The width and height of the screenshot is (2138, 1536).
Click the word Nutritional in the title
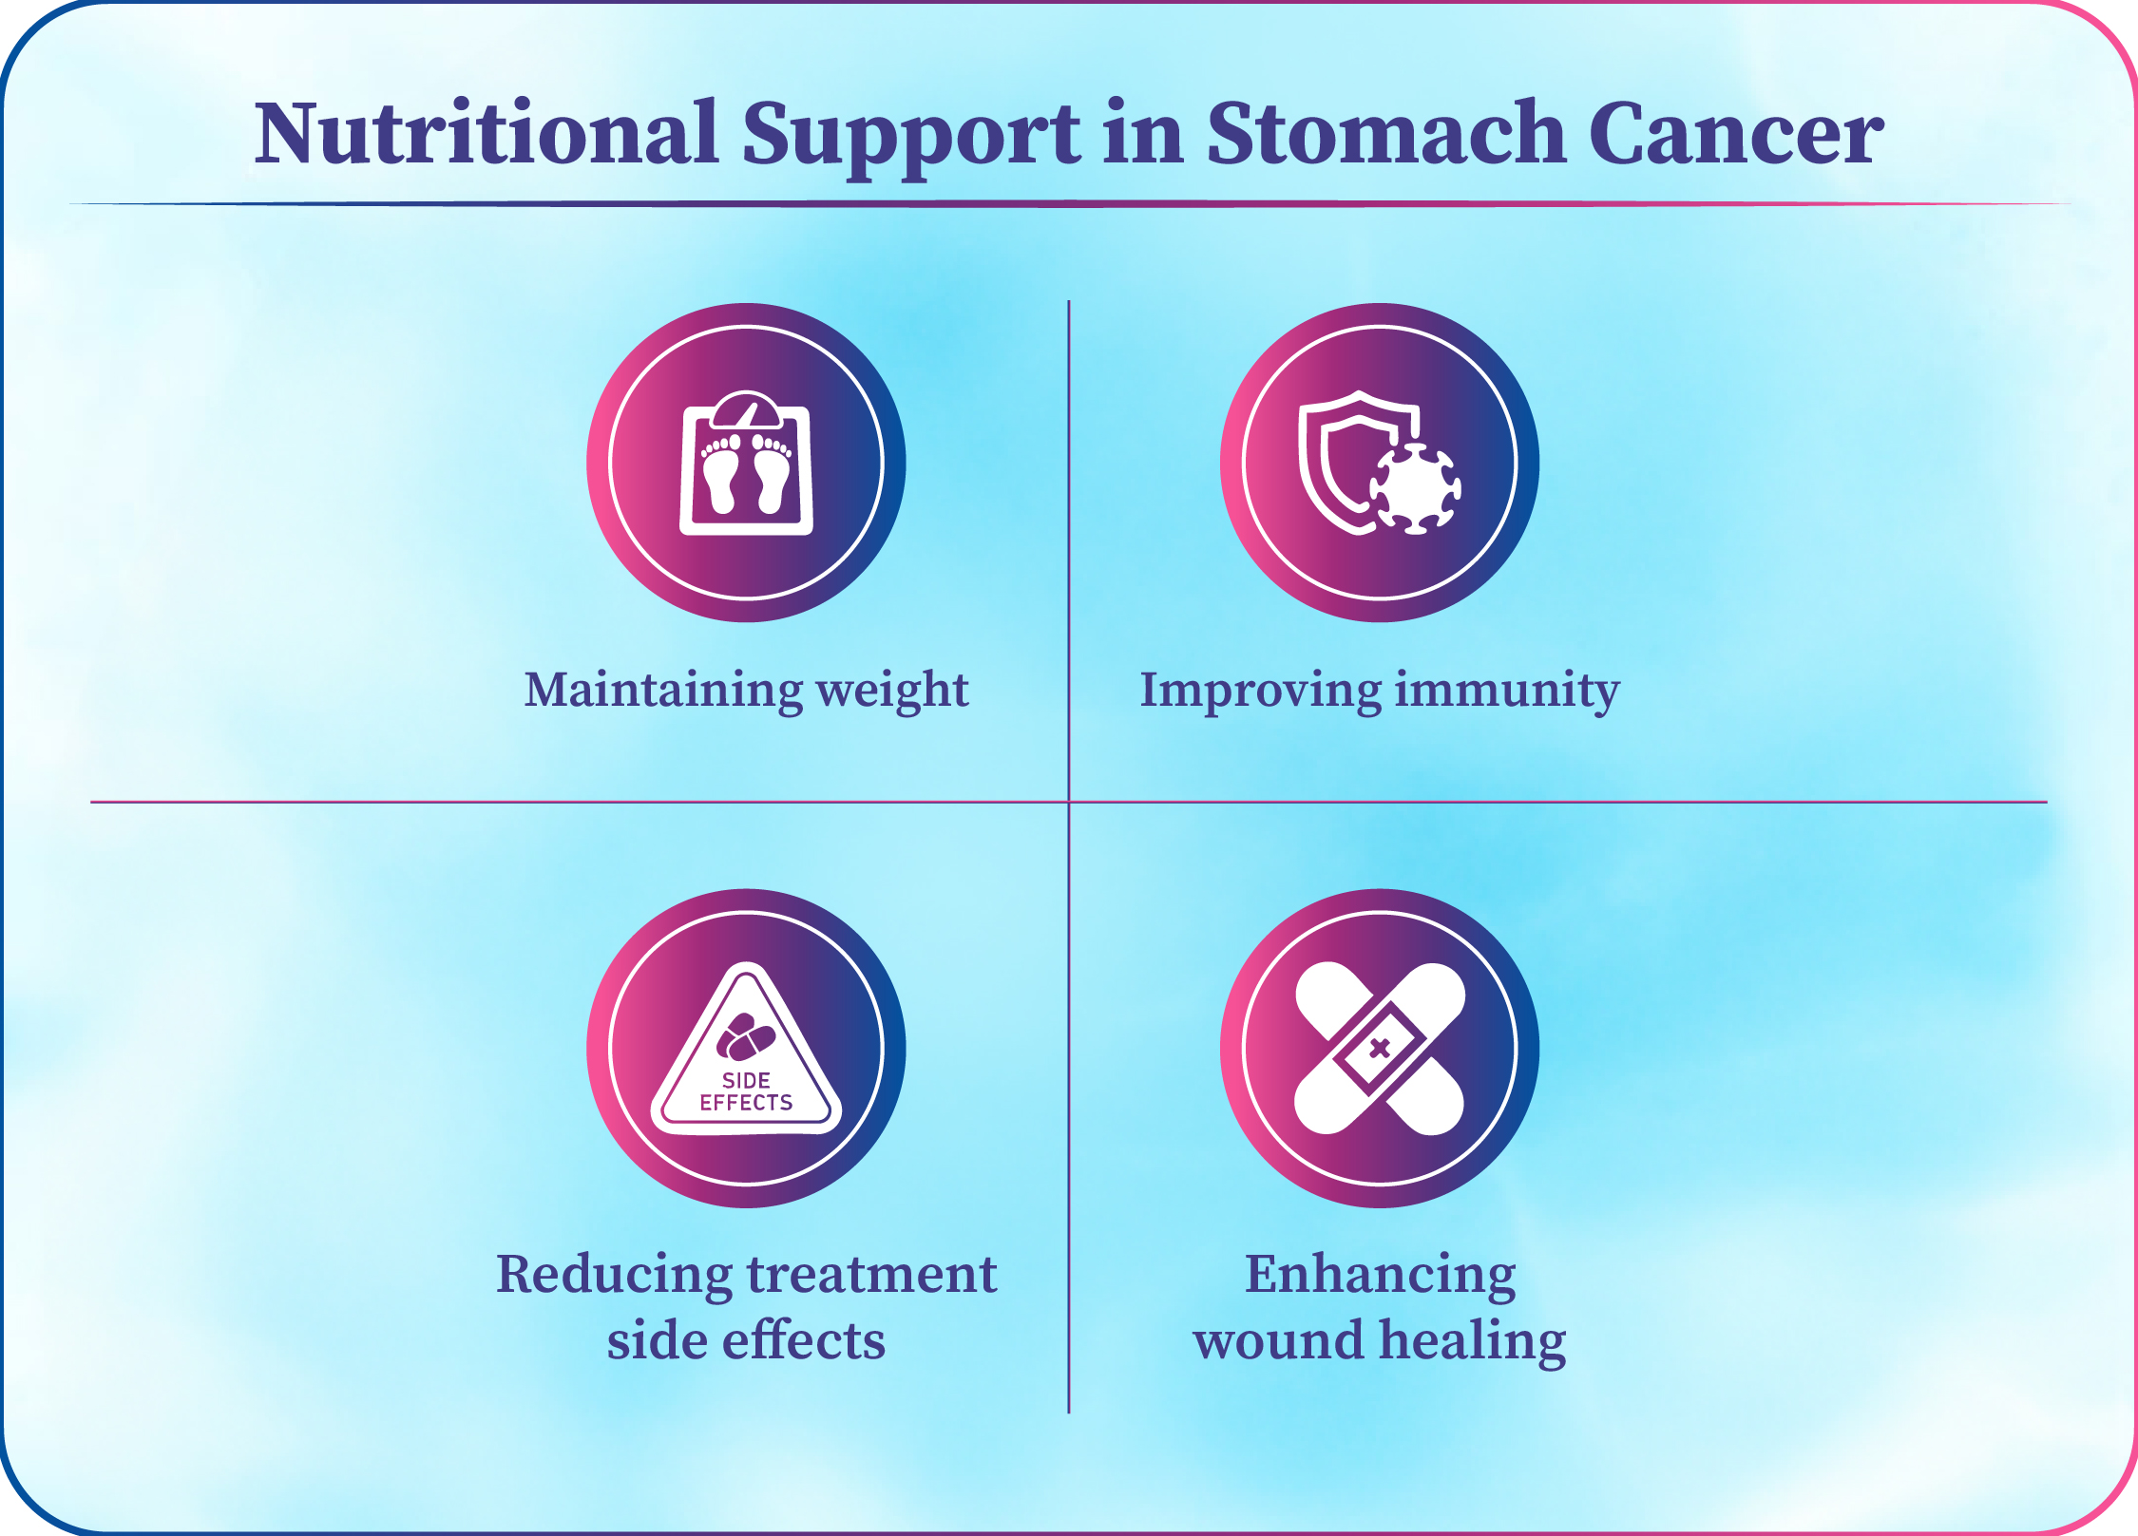tap(486, 133)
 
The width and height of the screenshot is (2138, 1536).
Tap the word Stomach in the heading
tap(1385, 133)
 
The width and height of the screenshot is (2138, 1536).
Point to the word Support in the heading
tap(910, 139)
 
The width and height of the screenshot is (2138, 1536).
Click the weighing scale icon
tap(746, 463)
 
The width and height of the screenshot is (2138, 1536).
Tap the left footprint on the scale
tap(721, 474)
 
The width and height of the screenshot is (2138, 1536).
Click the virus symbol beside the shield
tap(1415, 488)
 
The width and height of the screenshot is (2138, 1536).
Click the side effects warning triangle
tap(746, 1050)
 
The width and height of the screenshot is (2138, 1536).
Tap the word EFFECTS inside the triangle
tap(746, 1103)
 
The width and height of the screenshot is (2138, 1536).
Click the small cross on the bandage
tap(1380, 1049)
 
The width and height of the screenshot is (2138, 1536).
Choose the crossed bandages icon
tap(1380, 1049)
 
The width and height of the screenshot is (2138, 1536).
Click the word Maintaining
tap(663, 690)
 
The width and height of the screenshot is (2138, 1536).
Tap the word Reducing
tap(614, 1276)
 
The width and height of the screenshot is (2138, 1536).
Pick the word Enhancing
tap(1380, 1276)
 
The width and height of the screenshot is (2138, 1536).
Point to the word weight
tap(892, 692)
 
